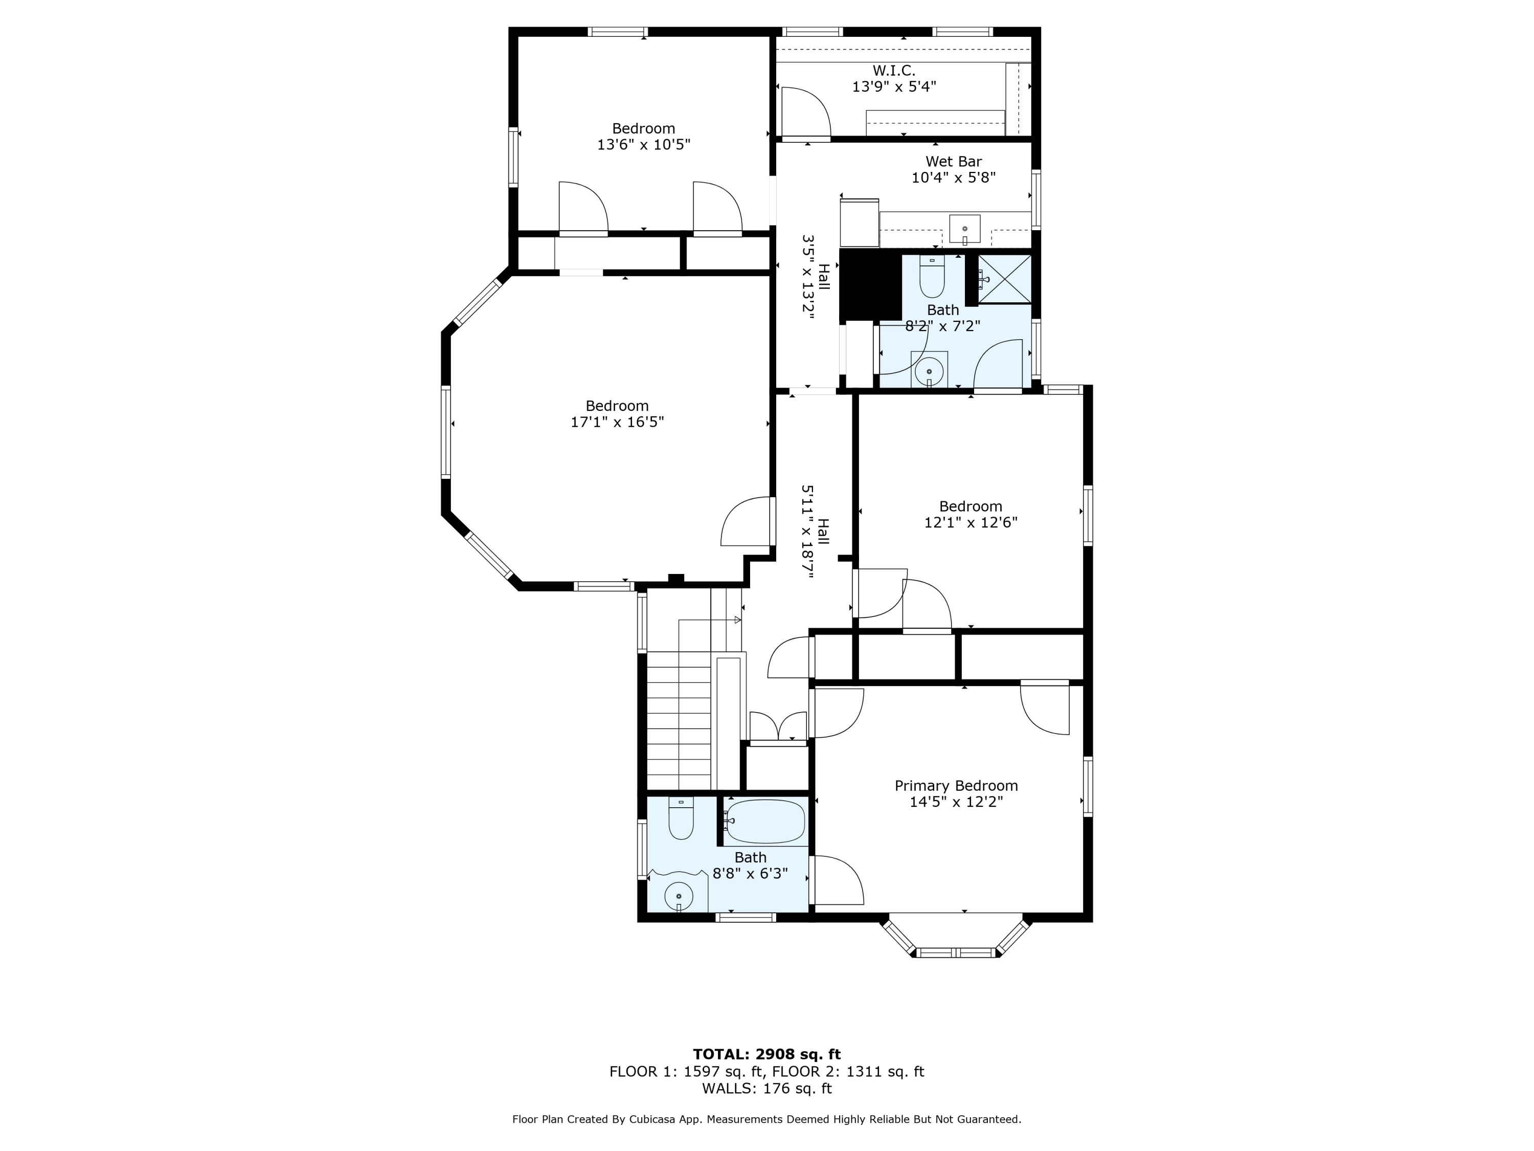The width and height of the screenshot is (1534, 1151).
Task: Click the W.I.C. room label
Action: coord(893,71)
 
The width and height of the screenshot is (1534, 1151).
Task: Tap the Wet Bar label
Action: coord(954,162)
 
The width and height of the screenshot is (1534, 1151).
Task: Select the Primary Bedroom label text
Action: coord(956,785)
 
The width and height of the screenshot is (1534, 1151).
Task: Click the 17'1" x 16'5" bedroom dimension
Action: coord(617,422)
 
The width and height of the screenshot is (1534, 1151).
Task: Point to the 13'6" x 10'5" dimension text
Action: coord(644,144)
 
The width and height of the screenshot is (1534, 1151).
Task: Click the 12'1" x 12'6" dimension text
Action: coord(971,522)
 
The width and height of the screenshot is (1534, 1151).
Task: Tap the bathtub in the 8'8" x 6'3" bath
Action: coord(765,822)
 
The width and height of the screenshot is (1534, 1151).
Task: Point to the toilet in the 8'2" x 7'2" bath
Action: coord(932,277)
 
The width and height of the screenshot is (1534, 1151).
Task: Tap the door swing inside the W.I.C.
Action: coord(806,111)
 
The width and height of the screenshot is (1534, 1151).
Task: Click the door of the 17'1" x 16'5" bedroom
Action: coord(746,522)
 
